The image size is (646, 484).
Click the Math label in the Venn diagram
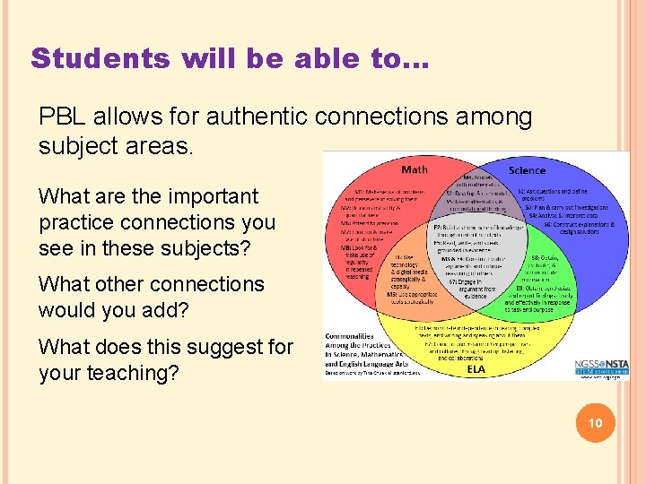(415, 170)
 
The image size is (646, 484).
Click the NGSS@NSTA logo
(601, 366)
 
